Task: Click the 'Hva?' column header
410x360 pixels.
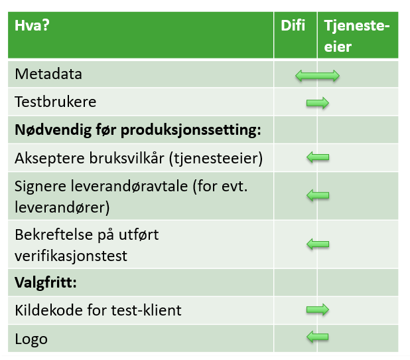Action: [x=32, y=26]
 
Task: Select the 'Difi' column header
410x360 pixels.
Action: [x=293, y=26]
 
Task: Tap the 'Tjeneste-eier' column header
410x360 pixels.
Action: [x=357, y=36]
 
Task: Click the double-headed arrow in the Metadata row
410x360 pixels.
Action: [x=317, y=76]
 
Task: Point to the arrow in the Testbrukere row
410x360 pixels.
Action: [x=318, y=103]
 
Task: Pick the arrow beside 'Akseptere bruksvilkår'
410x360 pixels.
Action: [x=318, y=157]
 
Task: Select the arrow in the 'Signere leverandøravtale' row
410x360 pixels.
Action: [x=318, y=195]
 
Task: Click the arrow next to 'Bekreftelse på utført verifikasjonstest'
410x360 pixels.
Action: [x=318, y=244]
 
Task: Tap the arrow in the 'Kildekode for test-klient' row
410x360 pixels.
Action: [x=318, y=310]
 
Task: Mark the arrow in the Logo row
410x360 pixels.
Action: [x=317, y=337]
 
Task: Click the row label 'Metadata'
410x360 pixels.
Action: [x=48, y=74]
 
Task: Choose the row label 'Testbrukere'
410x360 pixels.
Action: [x=56, y=102]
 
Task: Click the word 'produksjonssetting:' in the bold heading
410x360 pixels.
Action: [x=190, y=130]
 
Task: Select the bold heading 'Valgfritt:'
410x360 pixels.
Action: [x=46, y=283]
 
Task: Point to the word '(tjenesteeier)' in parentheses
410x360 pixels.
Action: [x=216, y=158]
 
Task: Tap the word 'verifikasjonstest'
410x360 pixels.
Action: [x=71, y=256]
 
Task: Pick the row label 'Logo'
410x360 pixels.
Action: [x=31, y=339]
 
